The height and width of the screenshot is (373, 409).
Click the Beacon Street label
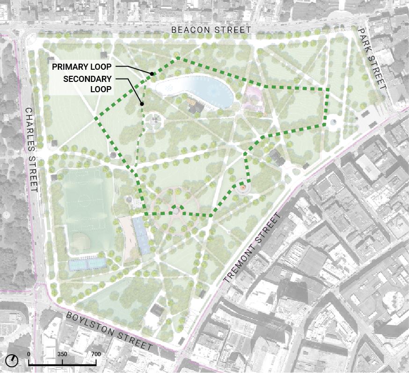[x=211, y=30]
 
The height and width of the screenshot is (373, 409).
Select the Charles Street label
[x=31, y=150]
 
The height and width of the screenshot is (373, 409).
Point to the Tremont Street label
[x=254, y=247]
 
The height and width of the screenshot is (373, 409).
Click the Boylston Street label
[x=110, y=331]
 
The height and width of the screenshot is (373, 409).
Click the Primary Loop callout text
[x=81, y=67]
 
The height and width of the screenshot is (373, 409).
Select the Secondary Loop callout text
[x=88, y=84]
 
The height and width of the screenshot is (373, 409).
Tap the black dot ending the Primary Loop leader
[x=152, y=74]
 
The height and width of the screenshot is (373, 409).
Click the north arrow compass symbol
[x=12, y=360]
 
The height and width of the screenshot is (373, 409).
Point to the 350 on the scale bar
[x=62, y=354]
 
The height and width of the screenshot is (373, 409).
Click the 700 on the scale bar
[x=96, y=354]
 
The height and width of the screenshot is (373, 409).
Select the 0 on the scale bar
[x=29, y=354]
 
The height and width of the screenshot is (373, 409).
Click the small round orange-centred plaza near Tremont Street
[x=242, y=188]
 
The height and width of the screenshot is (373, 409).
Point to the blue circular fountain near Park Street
[x=333, y=122]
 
